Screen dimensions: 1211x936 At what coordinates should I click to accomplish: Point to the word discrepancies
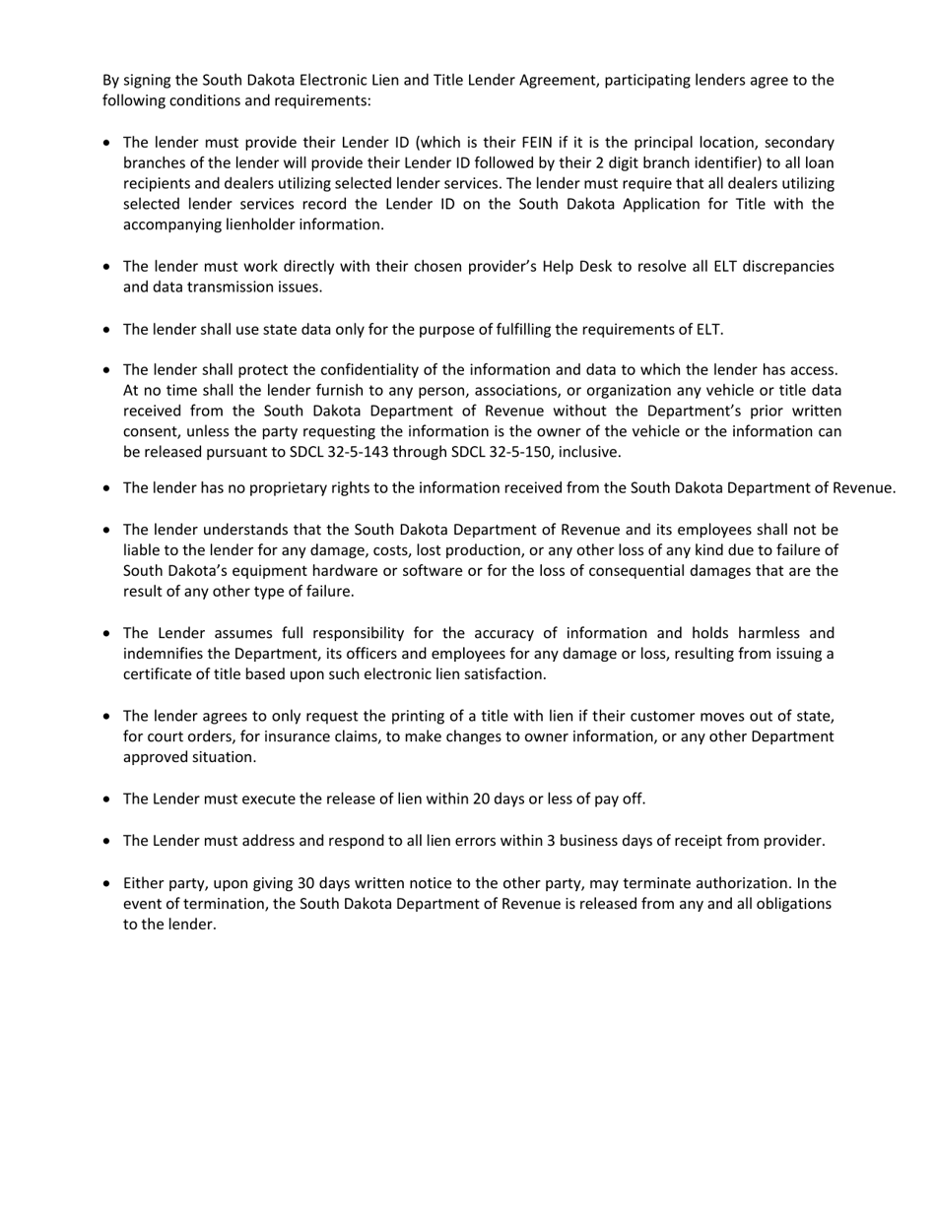[x=787, y=267]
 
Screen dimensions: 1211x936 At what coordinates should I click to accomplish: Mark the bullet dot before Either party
[x=106, y=884]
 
